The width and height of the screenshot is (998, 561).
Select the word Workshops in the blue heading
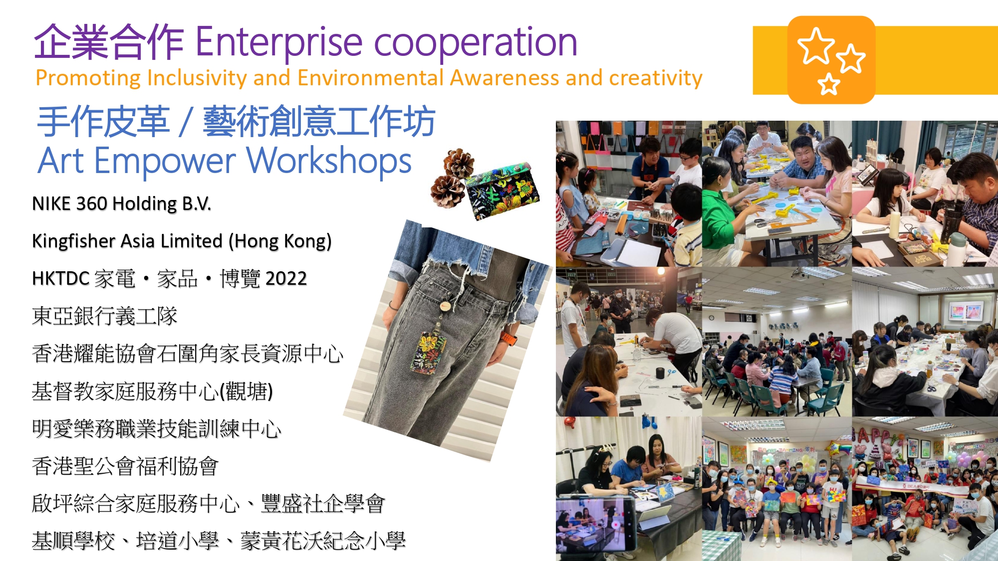pyautogui.click(x=329, y=161)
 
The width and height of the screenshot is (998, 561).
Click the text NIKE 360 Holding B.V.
pyautogui.click(x=122, y=204)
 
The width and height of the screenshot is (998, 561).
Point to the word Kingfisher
pyautogui.click(x=77, y=241)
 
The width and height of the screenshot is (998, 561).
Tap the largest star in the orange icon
pyautogui.click(x=816, y=46)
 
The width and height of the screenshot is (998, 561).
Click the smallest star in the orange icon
pyautogui.click(x=829, y=84)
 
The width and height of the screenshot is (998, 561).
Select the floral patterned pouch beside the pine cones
pyautogui.click(x=502, y=189)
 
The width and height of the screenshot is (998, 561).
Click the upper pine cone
pyautogui.click(x=459, y=163)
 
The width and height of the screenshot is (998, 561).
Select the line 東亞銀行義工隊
pyautogui.click(x=105, y=316)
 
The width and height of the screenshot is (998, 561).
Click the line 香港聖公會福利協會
pyautogui.click(x=125, y=466)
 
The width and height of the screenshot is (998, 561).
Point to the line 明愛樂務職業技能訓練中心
pyautogui.click(x=157, y=429)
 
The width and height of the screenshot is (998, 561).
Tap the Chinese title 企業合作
pyautogui.click(x=109, y=42)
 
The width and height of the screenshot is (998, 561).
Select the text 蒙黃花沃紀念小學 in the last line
pyautogui.click(x=323, y=541)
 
